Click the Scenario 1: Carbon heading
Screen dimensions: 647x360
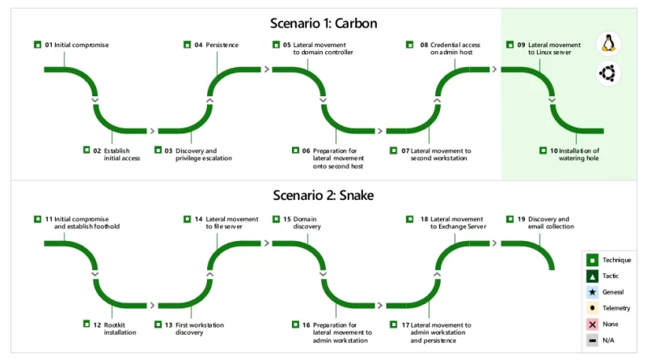coord(323,23)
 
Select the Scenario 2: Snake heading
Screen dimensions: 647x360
coord(323,195)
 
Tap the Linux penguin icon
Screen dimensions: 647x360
coord(608,44)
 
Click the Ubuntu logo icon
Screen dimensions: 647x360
coord(608,74)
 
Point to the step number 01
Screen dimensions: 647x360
coord(49,45)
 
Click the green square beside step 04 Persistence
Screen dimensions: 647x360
coord(187,44)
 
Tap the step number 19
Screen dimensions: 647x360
coord(521,219)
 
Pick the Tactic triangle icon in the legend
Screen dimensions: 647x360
coord(592,276)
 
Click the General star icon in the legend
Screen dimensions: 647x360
coord(592,292)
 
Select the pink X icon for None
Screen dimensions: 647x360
coord(592,324)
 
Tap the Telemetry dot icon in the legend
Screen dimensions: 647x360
coord(592,308)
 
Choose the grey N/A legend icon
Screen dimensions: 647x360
coord(592,341)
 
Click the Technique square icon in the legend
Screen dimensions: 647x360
coord(592,260)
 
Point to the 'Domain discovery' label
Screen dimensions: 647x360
coord(307,223)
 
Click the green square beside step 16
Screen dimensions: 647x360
coord(295,324)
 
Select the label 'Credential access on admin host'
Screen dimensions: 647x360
coord(455,49)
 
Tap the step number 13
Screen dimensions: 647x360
coord(169,325)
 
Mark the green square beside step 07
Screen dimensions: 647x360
coord(394,150)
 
